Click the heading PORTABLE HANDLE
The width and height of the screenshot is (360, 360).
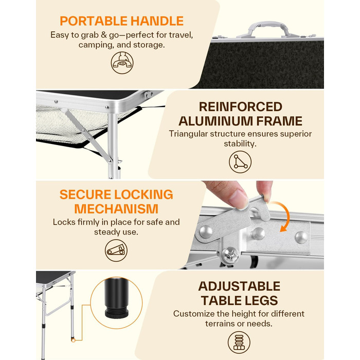(121, 21)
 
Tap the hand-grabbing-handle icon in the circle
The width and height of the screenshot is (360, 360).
(122, 63)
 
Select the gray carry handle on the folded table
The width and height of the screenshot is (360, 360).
(268, 29)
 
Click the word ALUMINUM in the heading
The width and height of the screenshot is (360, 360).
(215, 121)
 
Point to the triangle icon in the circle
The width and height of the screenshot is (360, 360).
(240, 162)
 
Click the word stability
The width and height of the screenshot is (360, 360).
(240, 144)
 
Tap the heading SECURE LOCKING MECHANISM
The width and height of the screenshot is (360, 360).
(116, 202)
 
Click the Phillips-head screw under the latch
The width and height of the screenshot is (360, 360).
(231, 255)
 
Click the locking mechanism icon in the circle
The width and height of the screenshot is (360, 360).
(116, 250)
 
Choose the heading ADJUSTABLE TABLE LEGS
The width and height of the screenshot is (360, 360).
(239, 293)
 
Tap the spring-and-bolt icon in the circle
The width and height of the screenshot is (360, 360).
(239, 343)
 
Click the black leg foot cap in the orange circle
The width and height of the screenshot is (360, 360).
(116, 298)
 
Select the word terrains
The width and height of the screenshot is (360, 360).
(220, 323)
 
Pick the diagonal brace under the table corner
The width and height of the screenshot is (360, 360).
(87, 135)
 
